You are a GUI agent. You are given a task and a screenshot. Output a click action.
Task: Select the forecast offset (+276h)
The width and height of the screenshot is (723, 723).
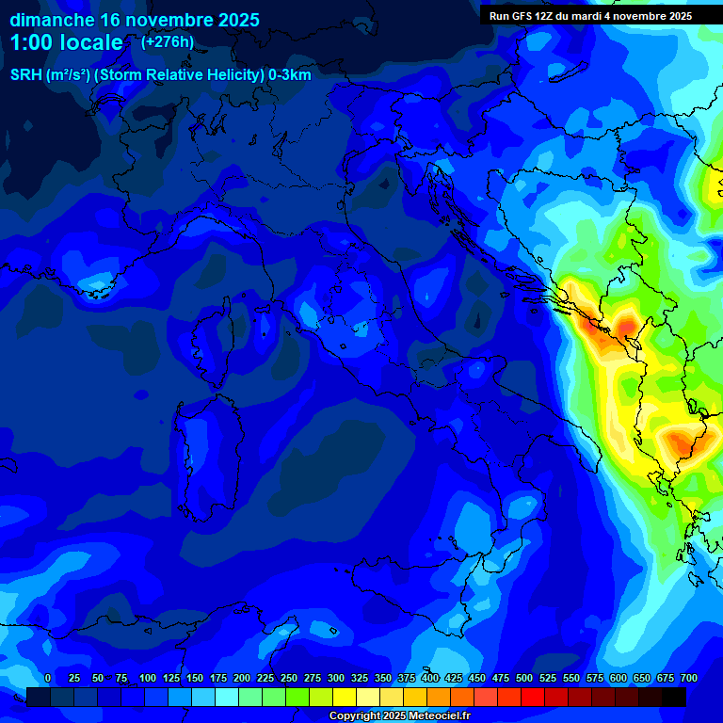tap(168, 42)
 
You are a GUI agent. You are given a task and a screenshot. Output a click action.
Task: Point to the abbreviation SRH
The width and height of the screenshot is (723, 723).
tap(25, 75)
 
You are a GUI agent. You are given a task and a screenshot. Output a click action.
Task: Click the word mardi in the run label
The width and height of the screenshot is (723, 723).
tap(591, 16)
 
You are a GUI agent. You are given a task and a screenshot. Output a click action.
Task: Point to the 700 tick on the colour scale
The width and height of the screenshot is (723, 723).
tap(688, 679)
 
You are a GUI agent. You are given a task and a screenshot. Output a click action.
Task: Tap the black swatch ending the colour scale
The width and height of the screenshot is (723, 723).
tap(674, 698)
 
